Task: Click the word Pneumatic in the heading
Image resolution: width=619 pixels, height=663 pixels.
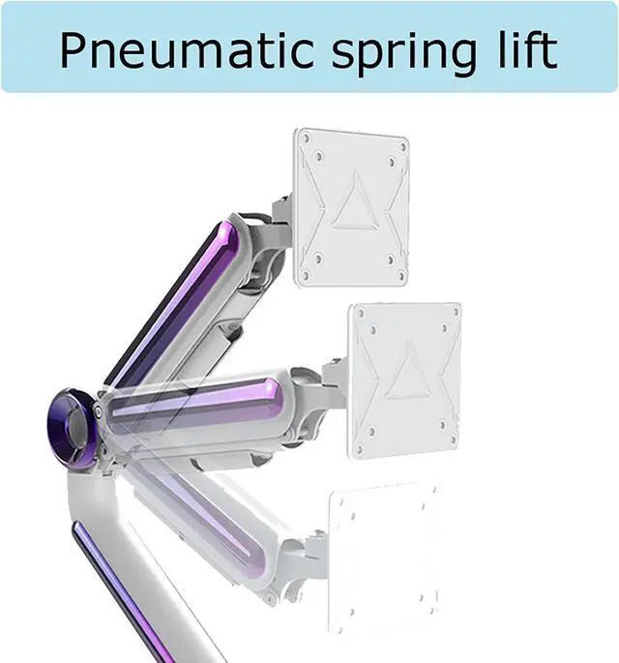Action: [x=187, y=50]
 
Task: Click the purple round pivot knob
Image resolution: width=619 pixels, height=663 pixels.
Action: [x=73, y=429]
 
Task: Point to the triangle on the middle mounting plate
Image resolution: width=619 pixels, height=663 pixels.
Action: [x=408, y=372]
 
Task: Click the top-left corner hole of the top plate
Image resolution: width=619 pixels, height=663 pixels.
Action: [x=307, y=137]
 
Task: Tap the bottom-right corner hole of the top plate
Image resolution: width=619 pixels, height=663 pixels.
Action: [x=401, y=277]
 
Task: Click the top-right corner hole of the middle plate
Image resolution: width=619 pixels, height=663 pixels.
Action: [x=456, y=313]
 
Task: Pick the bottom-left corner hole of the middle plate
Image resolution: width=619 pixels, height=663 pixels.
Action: [x=360, y=449]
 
